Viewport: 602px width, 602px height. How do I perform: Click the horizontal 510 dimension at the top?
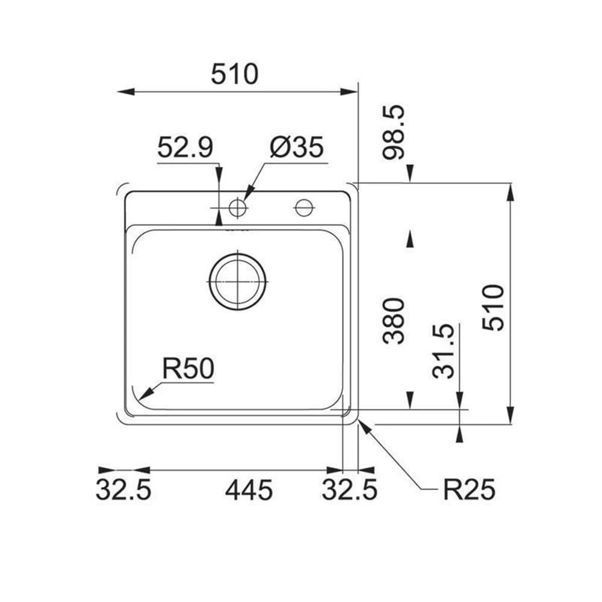(234, 75)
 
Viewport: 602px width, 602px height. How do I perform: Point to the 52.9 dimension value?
(185, 148)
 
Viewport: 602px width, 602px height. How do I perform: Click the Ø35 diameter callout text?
(296, 148)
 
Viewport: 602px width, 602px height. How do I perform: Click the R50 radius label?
(188, 369)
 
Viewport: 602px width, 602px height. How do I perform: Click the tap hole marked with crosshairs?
(238, 208)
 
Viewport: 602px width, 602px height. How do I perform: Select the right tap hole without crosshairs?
(303, 208)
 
